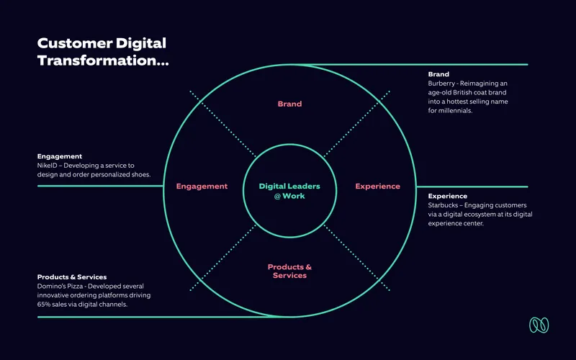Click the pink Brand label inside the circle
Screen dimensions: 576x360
289,104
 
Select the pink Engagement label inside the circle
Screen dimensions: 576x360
202,186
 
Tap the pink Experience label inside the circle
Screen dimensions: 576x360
377,186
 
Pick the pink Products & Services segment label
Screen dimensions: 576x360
289,271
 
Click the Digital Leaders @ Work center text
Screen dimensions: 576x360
289,191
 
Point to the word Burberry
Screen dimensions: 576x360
441,84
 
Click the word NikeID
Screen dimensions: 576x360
47,166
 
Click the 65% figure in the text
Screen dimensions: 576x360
44,305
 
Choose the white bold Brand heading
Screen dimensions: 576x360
438,74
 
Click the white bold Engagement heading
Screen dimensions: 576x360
60,157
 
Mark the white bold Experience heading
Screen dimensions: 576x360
447,197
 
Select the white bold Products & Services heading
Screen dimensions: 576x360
72,277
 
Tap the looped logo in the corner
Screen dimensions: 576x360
539,325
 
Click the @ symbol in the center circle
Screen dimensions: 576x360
277,197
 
